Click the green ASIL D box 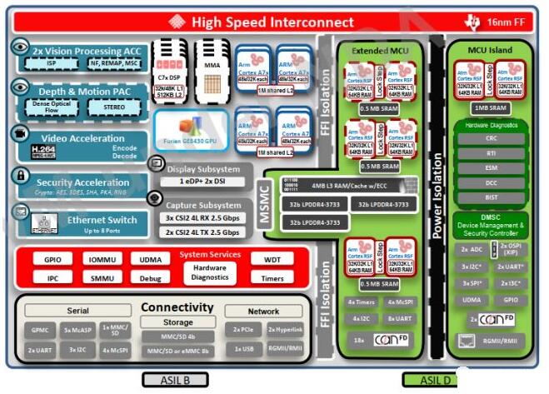tap(432, 380)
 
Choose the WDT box tap(272, 260)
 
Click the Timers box tap(272, 278)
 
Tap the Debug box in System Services tap(151, 278)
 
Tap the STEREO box tap(118, 106)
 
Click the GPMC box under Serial tap(42, 330)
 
